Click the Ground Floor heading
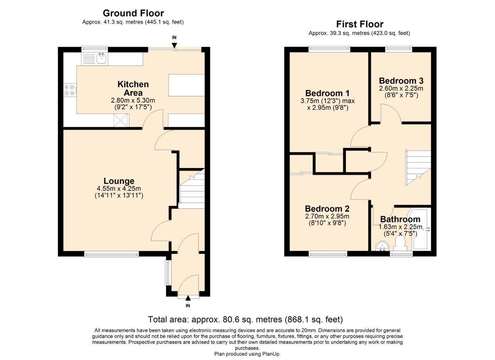pos(133,13)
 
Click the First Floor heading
pos(359,24)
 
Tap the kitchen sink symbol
pos(102,58)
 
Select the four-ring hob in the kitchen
pos(69,90)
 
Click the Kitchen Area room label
pos(133,89)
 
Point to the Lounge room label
pos(119,181)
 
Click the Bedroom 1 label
pos(327,93)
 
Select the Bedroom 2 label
pos(327,209)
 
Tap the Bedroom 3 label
pos(401,81)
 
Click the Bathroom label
pos(400,219)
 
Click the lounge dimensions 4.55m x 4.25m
pos(119,189)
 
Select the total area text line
pos(245,319)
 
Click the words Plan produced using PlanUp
pos(247,354)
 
